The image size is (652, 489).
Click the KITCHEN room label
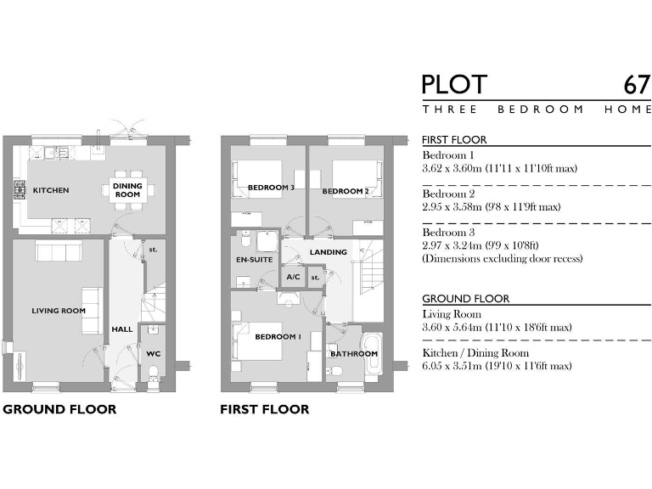pyautogui.click(x=51, y=190)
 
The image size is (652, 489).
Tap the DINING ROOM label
pyautogui.click(x=127, y=190)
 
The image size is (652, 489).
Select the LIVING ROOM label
pyautogui.click(x=59, y=311)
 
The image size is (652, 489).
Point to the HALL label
pyautogui.click(x=122, y=329)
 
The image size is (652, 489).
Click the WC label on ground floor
pyautogui.click(x=153, y=353)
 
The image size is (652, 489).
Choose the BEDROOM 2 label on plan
pyautogui.click(x=345, y=191)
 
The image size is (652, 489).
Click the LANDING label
pyautogui.click(x=328, y=252)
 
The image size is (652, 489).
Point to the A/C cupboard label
pyautogui.click(x=293, y=277)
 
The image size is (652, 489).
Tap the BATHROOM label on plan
pyautogui.click(x=353, y=353)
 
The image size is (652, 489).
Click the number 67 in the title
pyautogui.click(x=637, y=85)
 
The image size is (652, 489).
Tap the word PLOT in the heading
pyautogui.click(x=454, y=85)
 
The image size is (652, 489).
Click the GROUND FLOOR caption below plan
pyautogui.click(x=59, y=409)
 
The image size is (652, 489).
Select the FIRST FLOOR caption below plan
pyautogui.click(x=264, y=409)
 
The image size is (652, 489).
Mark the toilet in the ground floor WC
pyautogui.click(x=152, y=370)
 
